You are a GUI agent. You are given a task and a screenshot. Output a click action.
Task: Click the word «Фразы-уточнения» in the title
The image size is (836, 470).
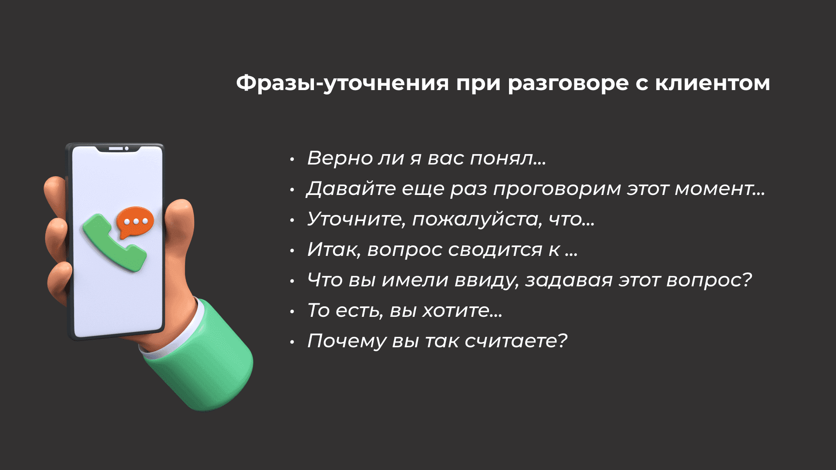343,83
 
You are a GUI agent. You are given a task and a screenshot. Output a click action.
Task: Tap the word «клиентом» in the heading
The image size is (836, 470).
712,83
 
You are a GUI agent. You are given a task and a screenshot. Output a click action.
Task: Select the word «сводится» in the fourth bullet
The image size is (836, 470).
495,250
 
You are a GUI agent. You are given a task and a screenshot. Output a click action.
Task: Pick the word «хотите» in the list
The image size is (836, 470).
462,311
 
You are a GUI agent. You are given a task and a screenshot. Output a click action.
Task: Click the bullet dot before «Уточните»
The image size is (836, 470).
292,220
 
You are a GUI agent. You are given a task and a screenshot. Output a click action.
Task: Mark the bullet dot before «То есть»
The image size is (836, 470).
292,312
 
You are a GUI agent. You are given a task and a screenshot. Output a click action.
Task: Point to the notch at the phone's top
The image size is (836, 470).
118,149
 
